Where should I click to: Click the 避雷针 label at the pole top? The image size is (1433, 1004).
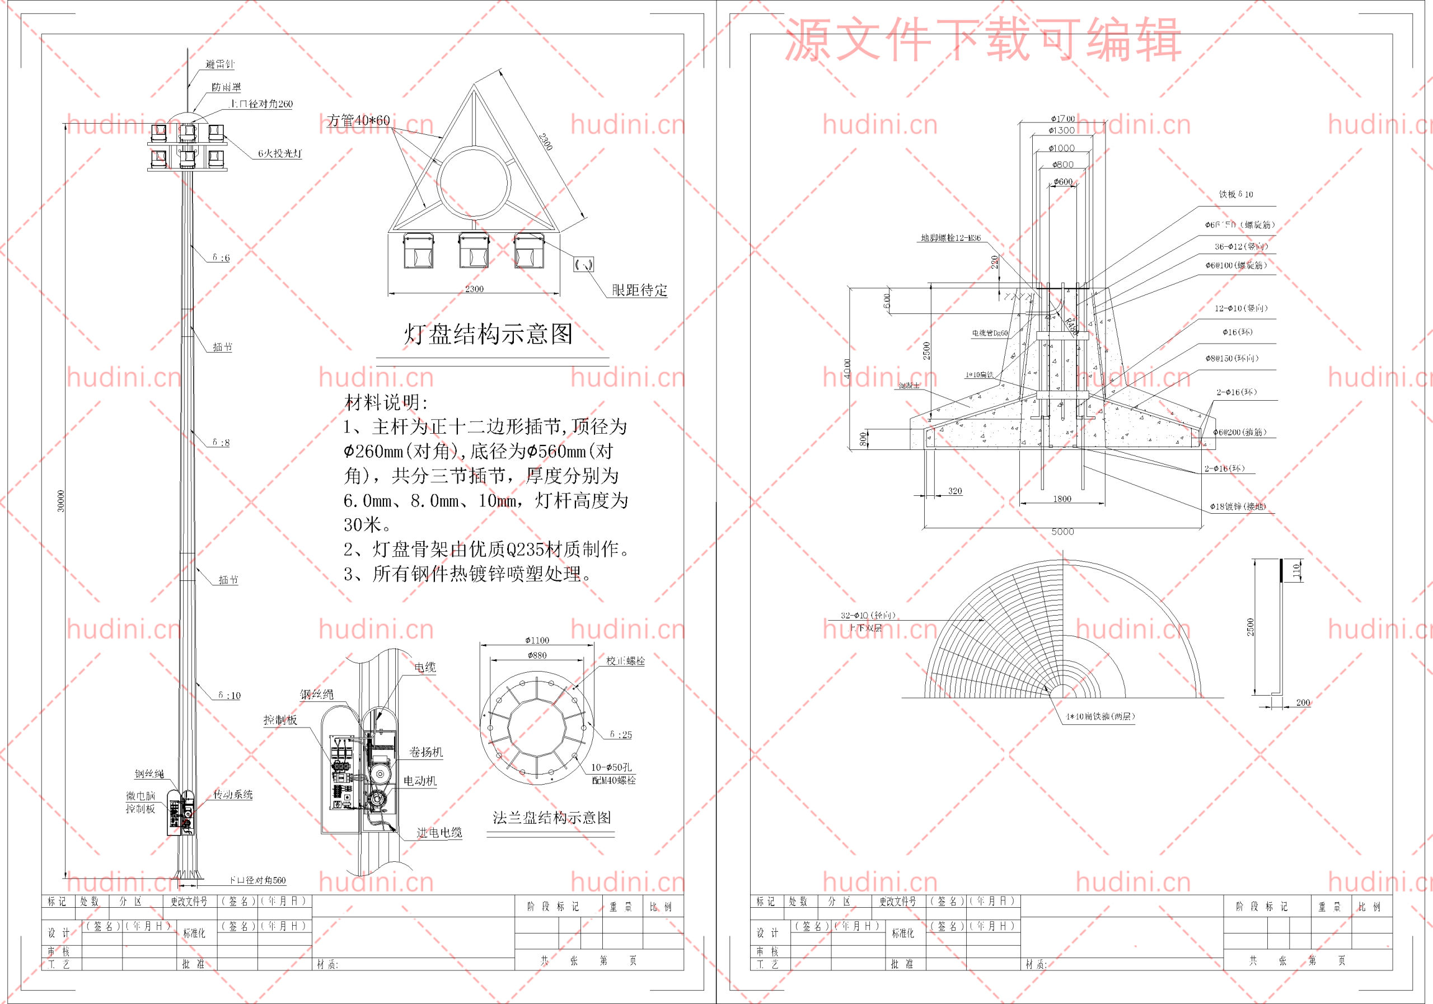pos(219,64)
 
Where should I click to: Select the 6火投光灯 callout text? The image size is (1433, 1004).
pos(280,153)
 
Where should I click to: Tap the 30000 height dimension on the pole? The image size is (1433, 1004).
pos(60,500)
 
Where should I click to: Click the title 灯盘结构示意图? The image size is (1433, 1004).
pos(488,334)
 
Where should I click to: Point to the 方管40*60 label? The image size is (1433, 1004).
pos(358,120)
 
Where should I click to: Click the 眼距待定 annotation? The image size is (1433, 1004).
pos(639,290)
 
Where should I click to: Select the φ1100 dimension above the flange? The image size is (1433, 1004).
pos(537,640)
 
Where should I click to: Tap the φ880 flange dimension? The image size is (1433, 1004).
pos(537,655)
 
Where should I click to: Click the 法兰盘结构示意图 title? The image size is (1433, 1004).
pos(552,818)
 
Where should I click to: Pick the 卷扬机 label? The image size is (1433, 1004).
pos(425,752)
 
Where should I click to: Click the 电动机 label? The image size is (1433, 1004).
pos(419,781)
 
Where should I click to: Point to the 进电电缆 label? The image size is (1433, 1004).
pos(439,832)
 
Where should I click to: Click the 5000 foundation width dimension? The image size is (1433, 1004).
pos(1062,532)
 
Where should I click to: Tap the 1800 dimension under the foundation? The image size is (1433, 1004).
pos(1062,499)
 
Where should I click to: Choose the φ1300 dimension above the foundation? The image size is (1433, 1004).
pos(1062,130)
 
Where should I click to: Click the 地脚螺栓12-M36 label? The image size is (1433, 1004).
pos(950,238)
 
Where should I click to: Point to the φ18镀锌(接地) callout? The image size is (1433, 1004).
pos(1238,506)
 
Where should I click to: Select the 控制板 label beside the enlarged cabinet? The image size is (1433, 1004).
pos(280,720)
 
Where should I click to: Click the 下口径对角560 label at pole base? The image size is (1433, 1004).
pos(257,880)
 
